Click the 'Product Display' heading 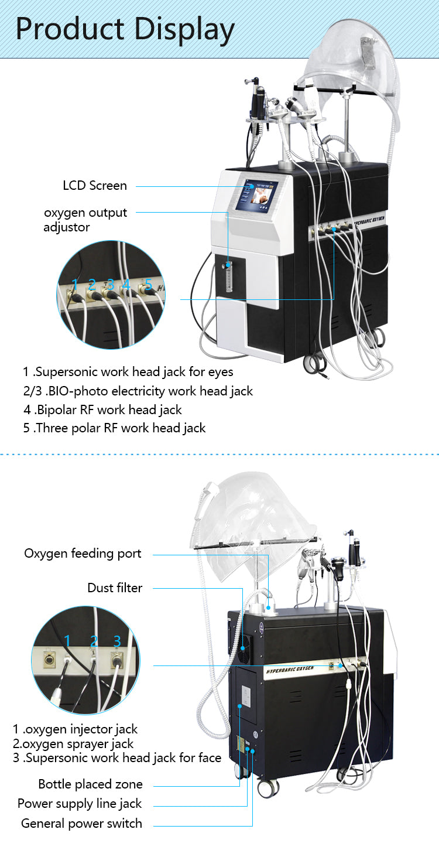coord(125,29)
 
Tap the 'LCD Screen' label coord(95,186)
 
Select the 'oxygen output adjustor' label coord(85,220)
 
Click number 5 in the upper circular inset coord(148,285)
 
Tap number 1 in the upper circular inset coord(74,285)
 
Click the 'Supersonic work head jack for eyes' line coord(128,372)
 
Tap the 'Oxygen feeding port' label coord(83,554)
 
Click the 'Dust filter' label coord(115,588)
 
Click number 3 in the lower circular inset coord(117,640)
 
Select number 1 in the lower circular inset coord(67,640)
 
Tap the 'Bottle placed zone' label coord(90,784)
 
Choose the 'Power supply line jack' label coord(80,804)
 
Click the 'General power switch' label coord(81,824)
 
